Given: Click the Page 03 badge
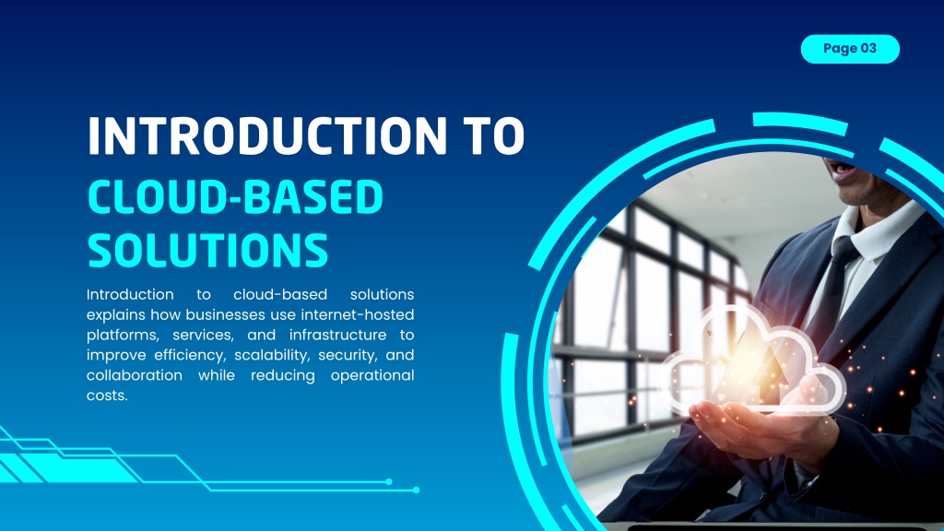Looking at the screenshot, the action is [x=850, y=49].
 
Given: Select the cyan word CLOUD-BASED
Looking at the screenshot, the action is [x=235, y=197].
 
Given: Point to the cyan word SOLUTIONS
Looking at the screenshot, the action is [x=208, y=250].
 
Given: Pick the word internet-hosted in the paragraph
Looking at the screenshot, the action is [x=358, y=314].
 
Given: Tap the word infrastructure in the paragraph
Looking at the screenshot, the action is [x=337, y=335].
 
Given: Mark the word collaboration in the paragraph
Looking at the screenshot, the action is [x=135, y=375].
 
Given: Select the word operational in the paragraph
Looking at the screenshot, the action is [x=372, y=376].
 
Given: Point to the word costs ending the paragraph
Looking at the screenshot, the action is [x=107, y=395].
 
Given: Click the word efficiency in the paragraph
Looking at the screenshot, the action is [x=190, y=355].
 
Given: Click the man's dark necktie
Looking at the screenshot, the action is [x=837, y=282].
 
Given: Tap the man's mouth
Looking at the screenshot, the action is [x=843, y=172].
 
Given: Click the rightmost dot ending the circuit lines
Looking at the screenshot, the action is [x=416, y=490].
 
